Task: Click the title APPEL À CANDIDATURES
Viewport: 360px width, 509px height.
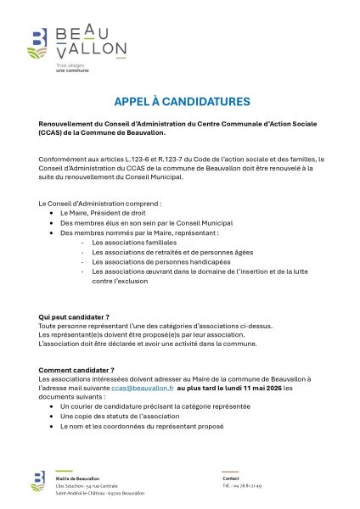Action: (x=182, y=102)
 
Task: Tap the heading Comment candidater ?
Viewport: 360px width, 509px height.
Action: (x=76, y=370)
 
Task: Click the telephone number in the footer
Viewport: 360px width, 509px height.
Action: (x=241, y=486)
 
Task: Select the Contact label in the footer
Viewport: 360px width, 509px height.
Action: (x=230, y=478)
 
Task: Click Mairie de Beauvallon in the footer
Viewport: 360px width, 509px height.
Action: (x=77, y=478)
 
